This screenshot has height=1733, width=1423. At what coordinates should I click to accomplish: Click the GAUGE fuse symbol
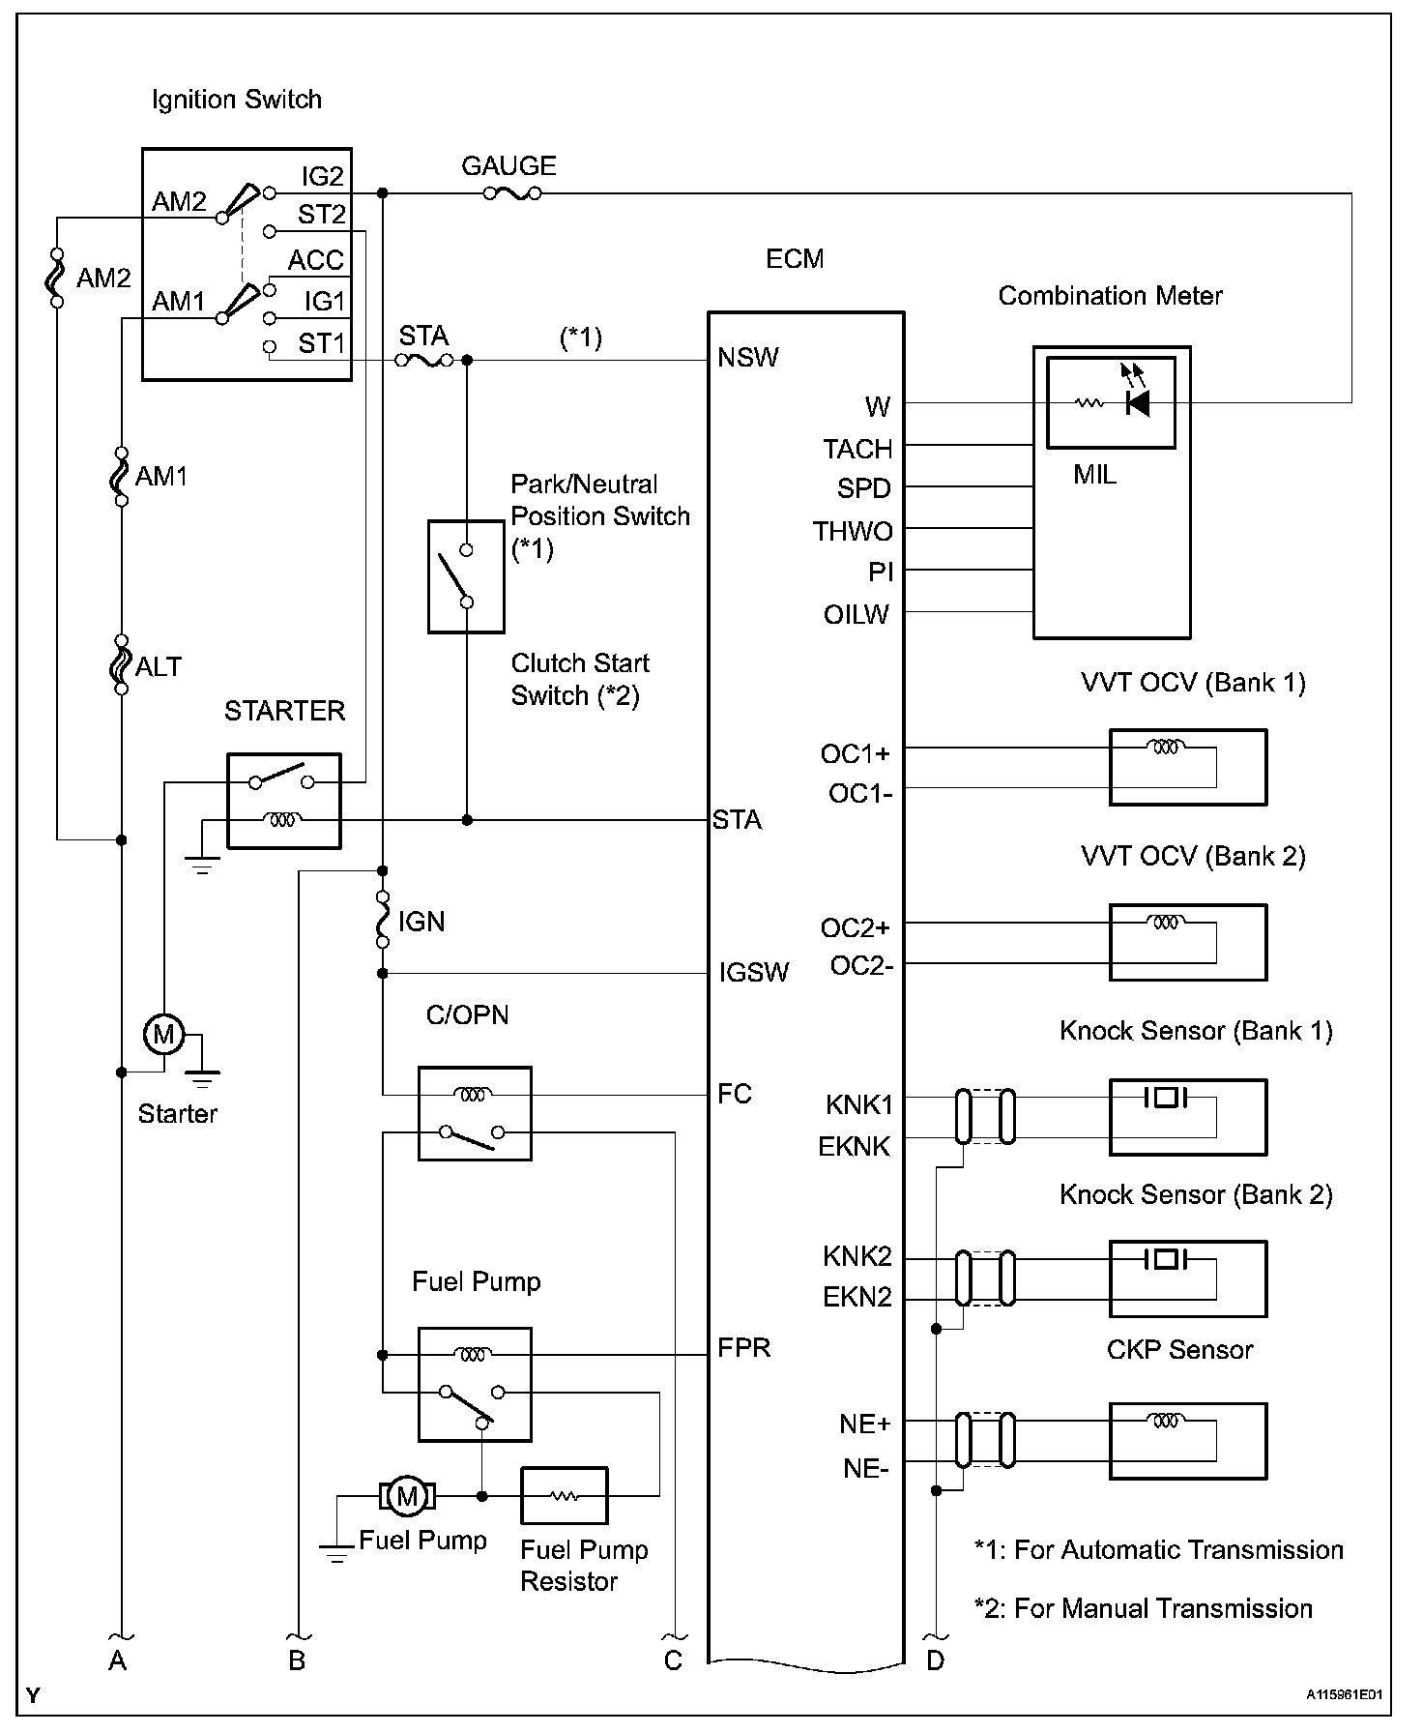pyautogui.click(x=510, y=193)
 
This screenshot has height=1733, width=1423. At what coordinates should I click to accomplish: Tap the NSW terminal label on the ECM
pyautogui.click(x=747, y=358)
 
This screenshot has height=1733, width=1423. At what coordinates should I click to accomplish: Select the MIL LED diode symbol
pyautogui.click(x=1138, y=402)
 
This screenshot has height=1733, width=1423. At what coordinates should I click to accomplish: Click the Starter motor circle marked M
pyautogui.click(x=163, y=1035)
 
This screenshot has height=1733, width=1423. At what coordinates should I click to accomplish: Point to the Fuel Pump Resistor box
pyautogui.click(x=565, y=1496)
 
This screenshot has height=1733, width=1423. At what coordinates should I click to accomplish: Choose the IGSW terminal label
pyautogui.click(x=754, y=973)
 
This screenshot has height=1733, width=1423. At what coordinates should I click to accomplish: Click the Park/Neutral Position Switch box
pyautogui.click(x=466, y=576)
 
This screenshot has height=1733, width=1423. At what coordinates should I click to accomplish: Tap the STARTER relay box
pyautogui.click(x=284, y=801)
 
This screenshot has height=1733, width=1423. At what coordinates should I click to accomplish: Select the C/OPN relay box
pyautogui.click(x=475, y=1113)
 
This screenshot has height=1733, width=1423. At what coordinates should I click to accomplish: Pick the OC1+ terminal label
pyautogui.click(x=856, y=753)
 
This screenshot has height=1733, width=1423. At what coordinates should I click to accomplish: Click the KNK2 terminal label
pyautogui.click(x=857, y=1256)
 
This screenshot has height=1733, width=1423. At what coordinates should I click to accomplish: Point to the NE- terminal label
pyautogui.click(x=866, y=1469)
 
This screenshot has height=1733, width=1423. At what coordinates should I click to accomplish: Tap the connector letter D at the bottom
pyautogui.click(x=935, y=1660)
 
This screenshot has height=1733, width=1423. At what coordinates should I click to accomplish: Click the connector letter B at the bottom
pyautogui.click(x=297, y=1660)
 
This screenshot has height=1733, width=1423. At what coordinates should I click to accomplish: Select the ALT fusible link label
pyautogui.click(x=159, y=666)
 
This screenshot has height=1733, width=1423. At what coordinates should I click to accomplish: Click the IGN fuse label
pyautogui.click(x=421, y=922)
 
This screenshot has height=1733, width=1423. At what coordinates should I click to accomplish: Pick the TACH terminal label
pyautogui.click(x=857, y=450)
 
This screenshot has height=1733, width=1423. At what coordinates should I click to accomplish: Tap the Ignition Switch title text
pyautogui.click(x=237, y=100)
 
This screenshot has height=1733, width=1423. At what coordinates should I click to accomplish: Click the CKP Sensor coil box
pyautogui.click(x=1188, y=1441)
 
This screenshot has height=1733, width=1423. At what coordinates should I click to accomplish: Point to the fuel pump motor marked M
pyautogui.click(x=407, y=1496)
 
